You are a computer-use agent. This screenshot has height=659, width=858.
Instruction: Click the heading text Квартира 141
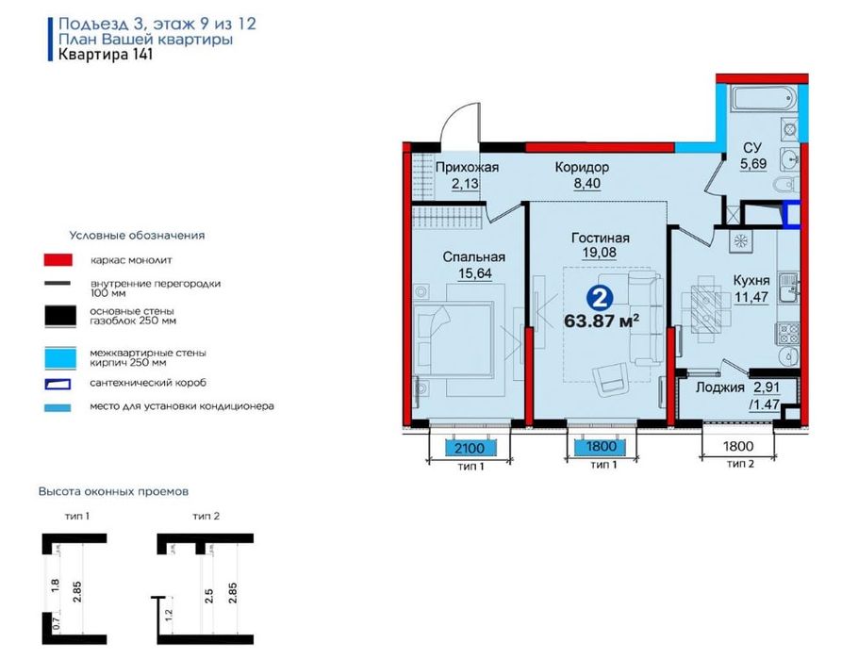[x=105, y=55]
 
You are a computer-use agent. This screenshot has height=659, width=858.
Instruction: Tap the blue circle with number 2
[x=601, y=299]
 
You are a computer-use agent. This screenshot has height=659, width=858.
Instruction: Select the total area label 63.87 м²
[x=602, y=321]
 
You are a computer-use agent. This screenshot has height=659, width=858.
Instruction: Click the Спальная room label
[x=474, y=257]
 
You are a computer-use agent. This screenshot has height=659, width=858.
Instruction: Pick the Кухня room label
[x=751, y=280]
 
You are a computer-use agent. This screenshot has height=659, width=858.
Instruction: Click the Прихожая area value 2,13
[x=465, y=183]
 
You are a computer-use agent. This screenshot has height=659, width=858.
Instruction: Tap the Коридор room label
[x=582, y=168]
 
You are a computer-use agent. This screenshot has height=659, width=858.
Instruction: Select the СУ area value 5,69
[x=753, y=163]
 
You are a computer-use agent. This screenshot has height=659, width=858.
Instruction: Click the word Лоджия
[x=720, y=388]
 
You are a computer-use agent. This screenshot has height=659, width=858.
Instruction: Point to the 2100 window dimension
[x=470, y=448]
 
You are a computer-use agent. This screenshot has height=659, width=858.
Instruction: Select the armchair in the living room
[x=611, y=379]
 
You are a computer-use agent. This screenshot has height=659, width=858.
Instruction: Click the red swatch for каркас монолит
[x=58, y=260]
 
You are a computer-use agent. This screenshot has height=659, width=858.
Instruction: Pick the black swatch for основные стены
[x=60, y=317]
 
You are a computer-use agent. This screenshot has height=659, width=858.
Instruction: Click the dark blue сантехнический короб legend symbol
[x=58, y=384]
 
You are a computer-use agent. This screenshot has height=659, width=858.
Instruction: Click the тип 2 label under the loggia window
[x=740, y=465]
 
